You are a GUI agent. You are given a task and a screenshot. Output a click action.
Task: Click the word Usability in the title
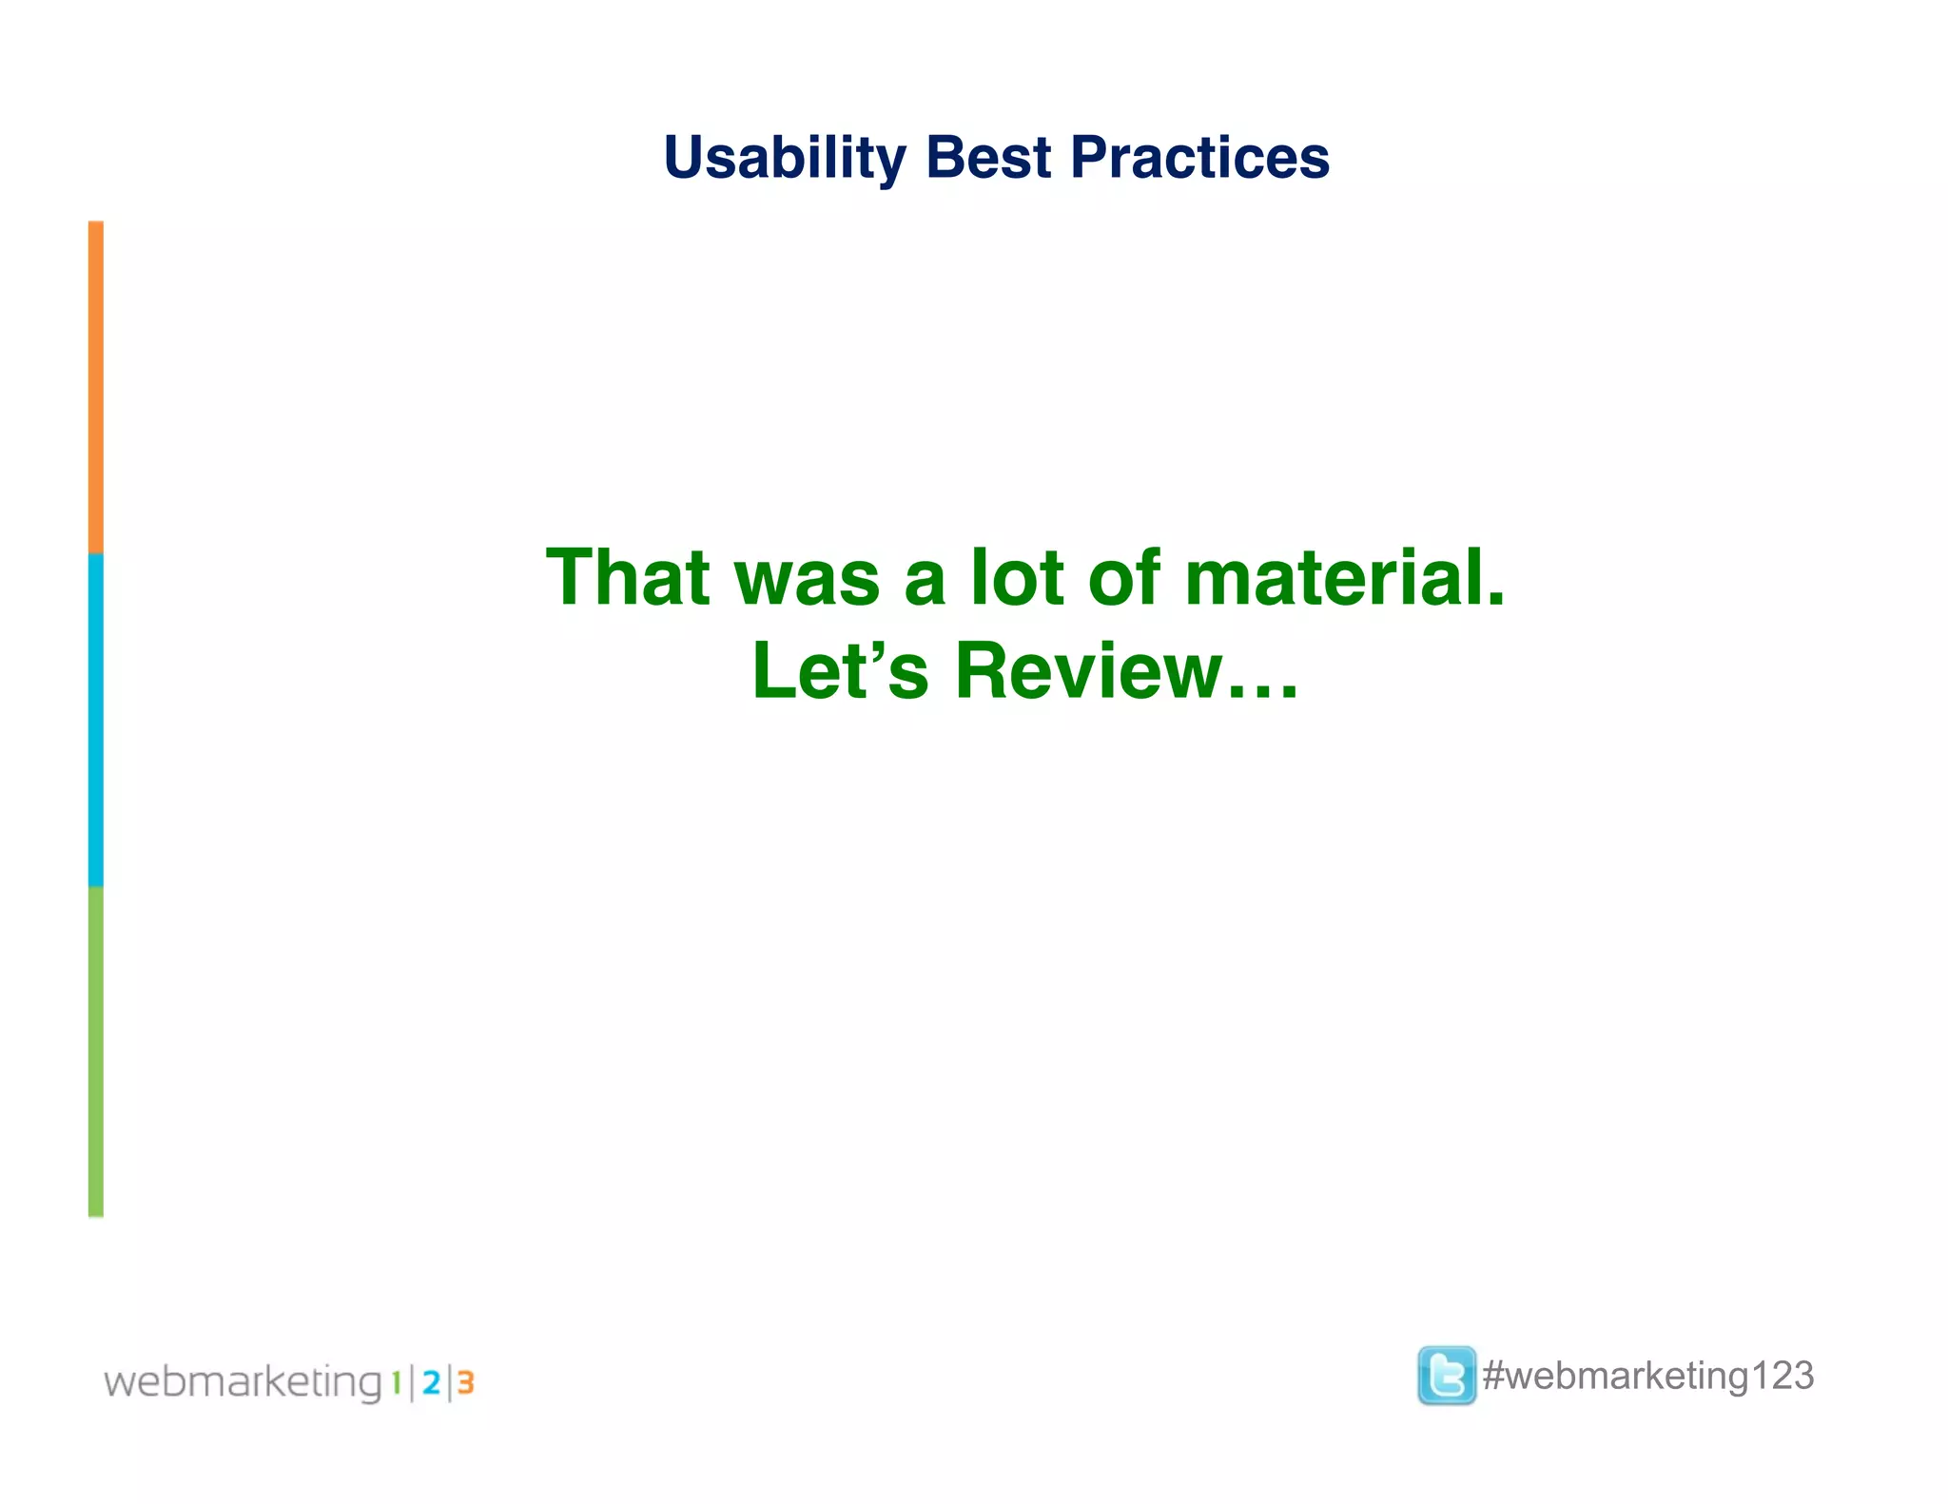(785, 158)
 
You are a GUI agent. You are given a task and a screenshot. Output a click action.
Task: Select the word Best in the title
(988, 158)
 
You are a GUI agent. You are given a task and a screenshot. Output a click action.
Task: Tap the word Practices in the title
(1199, 158)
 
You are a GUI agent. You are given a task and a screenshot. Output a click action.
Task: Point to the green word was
(807, 579)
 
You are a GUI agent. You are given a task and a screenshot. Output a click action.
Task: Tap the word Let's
(840, 670)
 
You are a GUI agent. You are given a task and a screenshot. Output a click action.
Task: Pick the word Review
(1088, 670)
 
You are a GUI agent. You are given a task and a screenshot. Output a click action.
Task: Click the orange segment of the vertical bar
(96, 387)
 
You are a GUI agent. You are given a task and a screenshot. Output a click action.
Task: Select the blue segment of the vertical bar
(96, 720)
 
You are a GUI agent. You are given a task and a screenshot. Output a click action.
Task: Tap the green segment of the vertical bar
(96, 1051)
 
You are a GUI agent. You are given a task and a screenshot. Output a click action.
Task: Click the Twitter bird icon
(1446, 1375)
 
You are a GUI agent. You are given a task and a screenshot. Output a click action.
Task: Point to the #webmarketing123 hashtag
(1647, 1376)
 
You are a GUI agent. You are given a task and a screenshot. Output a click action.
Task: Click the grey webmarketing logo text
(243, 1381)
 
